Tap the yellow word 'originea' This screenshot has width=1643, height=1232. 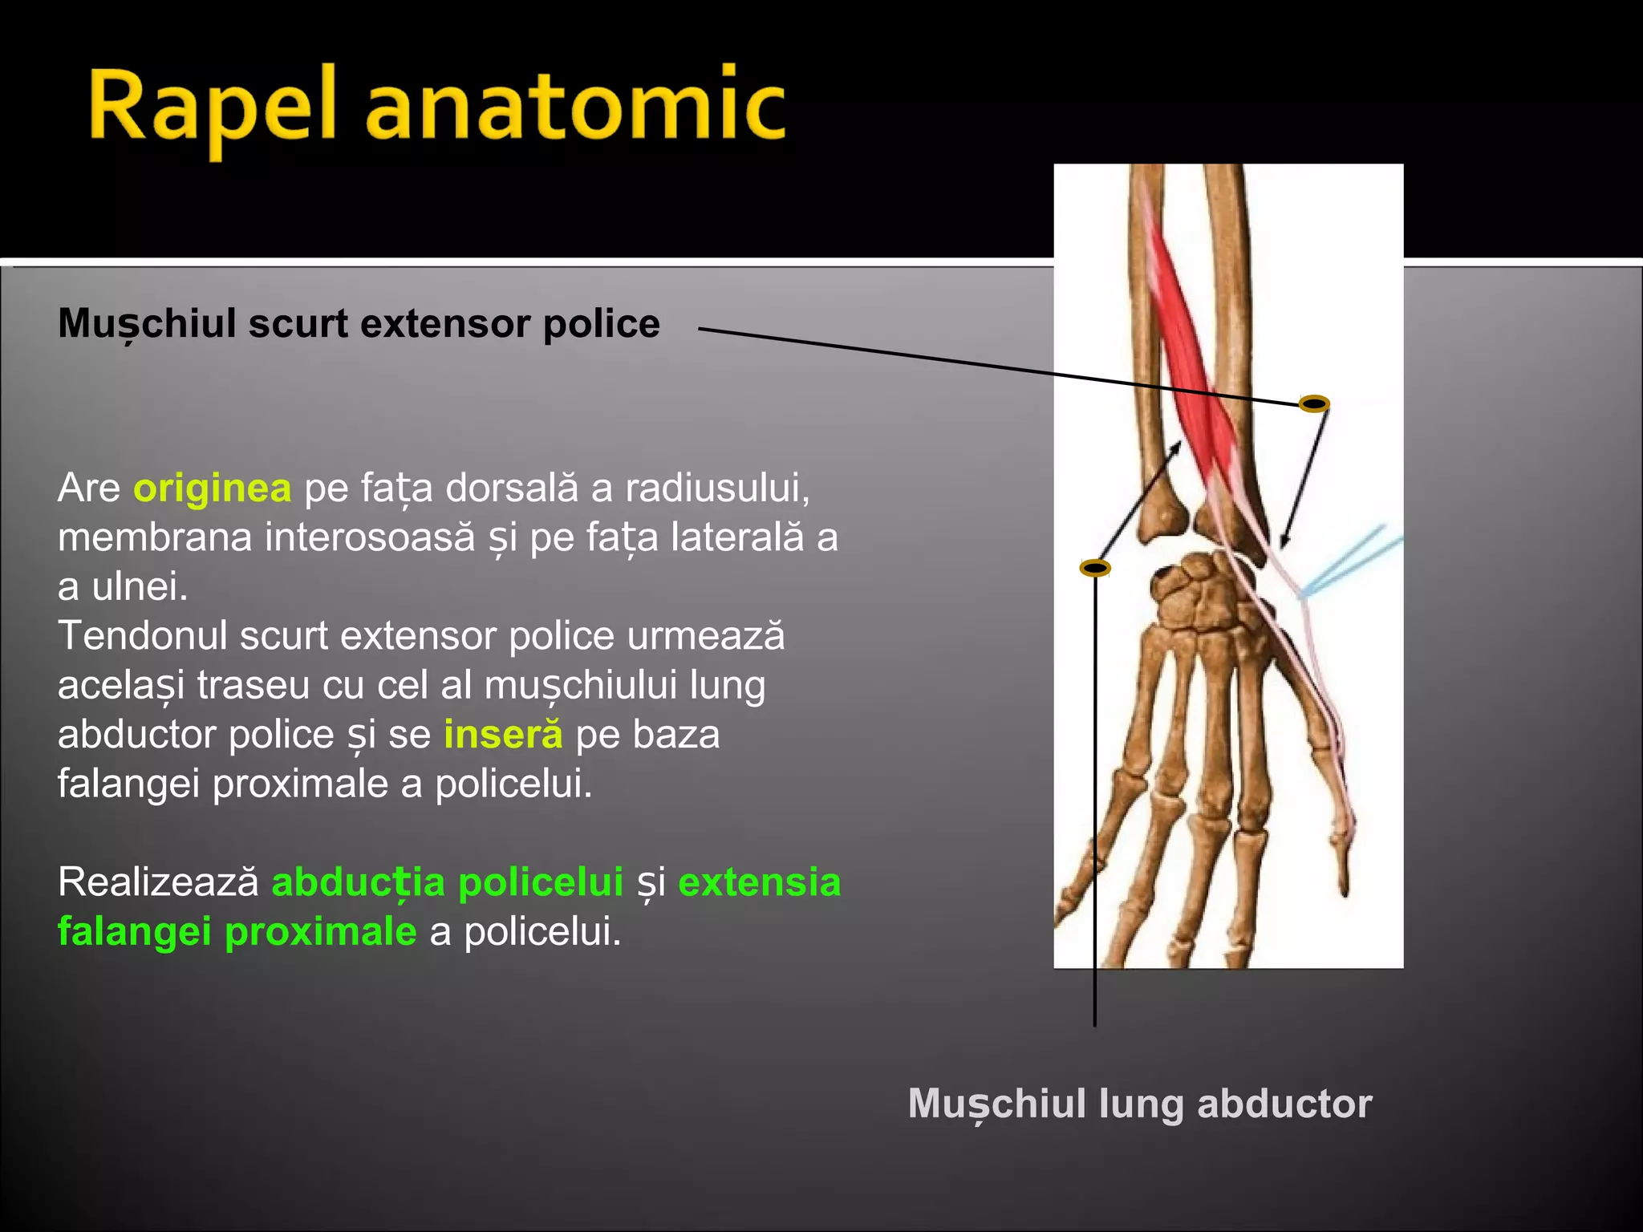(213, 488)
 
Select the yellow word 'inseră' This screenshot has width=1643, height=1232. (503, 735)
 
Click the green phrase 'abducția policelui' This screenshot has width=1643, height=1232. (448, 882)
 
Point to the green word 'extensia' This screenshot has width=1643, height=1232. (759, 882)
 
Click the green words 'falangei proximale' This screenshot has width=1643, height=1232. (237, 932)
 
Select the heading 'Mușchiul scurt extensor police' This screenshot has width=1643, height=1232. (359, 324)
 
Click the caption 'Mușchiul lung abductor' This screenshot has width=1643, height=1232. (1139, 1104)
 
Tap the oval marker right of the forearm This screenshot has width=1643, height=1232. (1314, 404)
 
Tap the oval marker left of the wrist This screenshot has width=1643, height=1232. (1095, 569)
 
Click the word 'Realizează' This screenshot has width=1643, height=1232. (158, 882)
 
